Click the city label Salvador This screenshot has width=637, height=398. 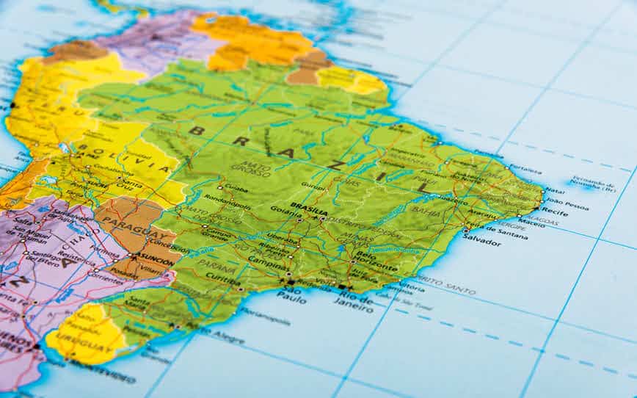point(482,240)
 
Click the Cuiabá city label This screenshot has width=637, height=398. point(236,189)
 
